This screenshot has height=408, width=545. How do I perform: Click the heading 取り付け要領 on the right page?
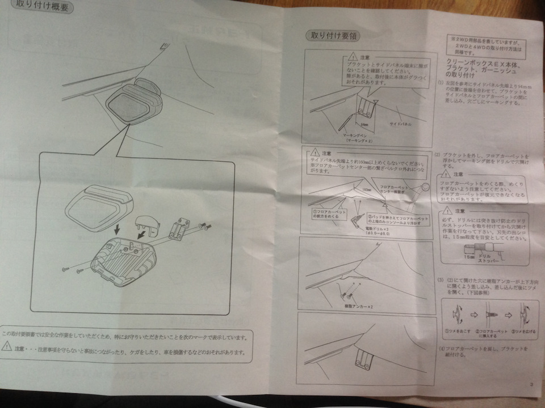pos(330,35)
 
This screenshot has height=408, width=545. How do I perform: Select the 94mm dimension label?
pos(364,121)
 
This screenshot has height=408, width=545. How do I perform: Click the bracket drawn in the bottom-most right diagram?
pos(364,358)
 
